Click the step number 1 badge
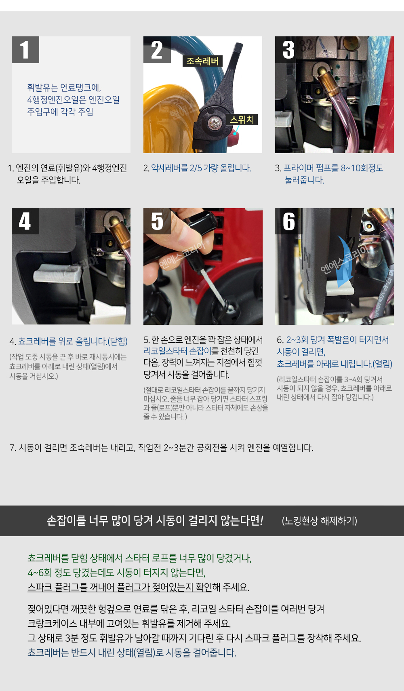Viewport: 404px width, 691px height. pyautogui.click(x=25, y=50)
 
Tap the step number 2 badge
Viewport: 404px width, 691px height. pyautogui.click(x=157, y=50)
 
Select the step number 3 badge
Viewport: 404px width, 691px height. pyautogui.click(x=289, y=50)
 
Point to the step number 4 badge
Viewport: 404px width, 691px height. pyautogui.click(x=25, y=221)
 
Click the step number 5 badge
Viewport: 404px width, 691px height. pyautogui.click(x=157, y=221)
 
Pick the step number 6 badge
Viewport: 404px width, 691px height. pyautogui.click(x=289, y=221)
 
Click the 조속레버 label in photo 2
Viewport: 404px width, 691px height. pyautogui.click(x=202, y=61)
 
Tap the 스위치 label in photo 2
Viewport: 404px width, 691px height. pyautogui.click(x=242, y=120)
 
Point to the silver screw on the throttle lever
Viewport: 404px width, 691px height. pyautogui.click(x=214, y=123)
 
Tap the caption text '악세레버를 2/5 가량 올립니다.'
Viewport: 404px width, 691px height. pyautogui.click(x=201, y=168)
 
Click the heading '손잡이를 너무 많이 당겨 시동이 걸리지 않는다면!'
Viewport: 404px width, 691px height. pyautogui.click(x=155, y=520)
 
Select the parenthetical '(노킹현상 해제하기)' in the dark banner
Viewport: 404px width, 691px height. pyautogui.click(x=320, y=521)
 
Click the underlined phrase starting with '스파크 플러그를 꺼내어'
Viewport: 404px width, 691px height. pyautogui.click(x=120, y=587)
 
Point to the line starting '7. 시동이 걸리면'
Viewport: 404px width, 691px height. pyautogui.click(x=161, y=448)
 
